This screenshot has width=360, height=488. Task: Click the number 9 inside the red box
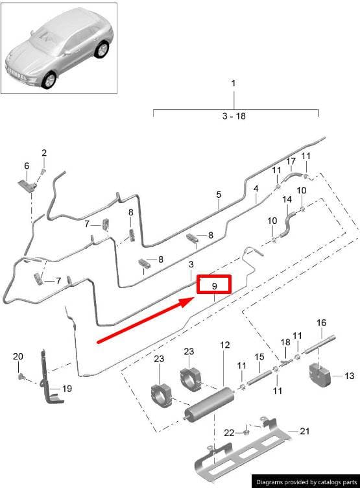214,286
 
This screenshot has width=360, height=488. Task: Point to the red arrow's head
187,302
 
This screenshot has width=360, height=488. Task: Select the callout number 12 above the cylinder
224,345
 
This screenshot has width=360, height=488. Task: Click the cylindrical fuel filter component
210,404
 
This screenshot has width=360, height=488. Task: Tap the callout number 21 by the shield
305,431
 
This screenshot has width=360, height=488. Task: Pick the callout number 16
322,323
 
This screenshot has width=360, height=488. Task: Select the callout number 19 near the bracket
67,389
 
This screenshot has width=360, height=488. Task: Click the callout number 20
18,356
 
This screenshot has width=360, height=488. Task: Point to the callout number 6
27,165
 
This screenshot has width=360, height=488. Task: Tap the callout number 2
44,152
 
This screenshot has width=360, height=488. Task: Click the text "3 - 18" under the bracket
234,116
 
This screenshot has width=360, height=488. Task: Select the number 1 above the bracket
234,84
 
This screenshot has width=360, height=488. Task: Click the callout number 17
291,161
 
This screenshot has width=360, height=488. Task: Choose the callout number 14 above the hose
287,199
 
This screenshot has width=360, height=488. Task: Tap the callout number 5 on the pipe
219,195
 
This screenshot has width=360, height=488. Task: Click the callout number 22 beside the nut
230,433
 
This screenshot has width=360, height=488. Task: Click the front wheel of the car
49,80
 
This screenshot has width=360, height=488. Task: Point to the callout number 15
259,357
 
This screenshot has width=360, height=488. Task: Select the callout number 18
285,343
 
